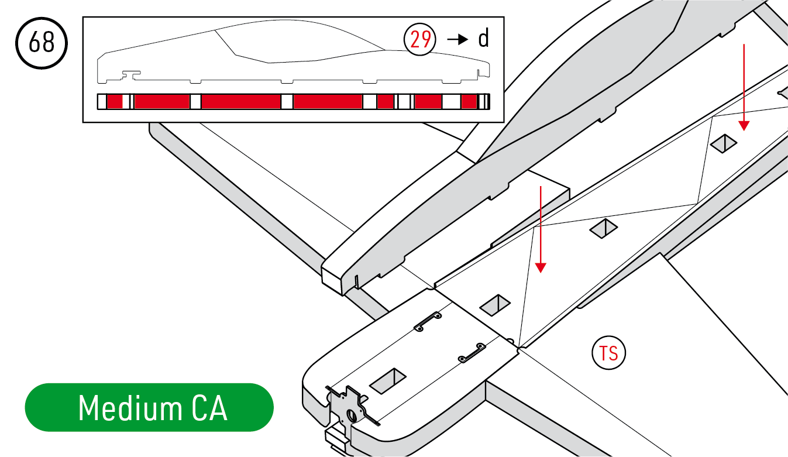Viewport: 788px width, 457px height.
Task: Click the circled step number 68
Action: coord(42,43)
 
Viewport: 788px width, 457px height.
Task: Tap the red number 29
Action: coord(420,39)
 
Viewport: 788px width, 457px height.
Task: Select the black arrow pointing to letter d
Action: coord(457,39)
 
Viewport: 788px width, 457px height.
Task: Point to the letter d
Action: coord(483,39)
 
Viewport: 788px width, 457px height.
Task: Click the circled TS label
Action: coord(608,353)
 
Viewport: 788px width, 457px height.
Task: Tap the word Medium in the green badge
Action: coord(130,408)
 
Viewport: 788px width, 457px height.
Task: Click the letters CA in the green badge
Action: coord(209,408)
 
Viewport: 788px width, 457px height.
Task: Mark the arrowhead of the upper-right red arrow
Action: coord(744,126)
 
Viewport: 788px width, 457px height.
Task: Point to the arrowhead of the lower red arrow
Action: coord(541,268)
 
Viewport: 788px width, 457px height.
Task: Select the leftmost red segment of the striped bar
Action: coord(115,102)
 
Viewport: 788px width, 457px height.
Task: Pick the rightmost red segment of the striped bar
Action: coord(469,102)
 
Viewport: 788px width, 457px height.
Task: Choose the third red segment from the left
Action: coord(241,102)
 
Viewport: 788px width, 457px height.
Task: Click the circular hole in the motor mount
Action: coord(352,415)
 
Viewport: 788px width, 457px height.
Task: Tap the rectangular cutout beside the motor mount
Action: coord(388,381)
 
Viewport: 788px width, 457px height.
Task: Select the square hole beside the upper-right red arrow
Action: coord(723,143)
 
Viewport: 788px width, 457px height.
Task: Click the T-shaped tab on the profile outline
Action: coord(131,74)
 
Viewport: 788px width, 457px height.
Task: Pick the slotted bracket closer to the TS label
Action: coord(472,353)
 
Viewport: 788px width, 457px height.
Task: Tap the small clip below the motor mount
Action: coord(336,440)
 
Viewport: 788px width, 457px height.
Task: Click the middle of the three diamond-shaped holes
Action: coord(603,228)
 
